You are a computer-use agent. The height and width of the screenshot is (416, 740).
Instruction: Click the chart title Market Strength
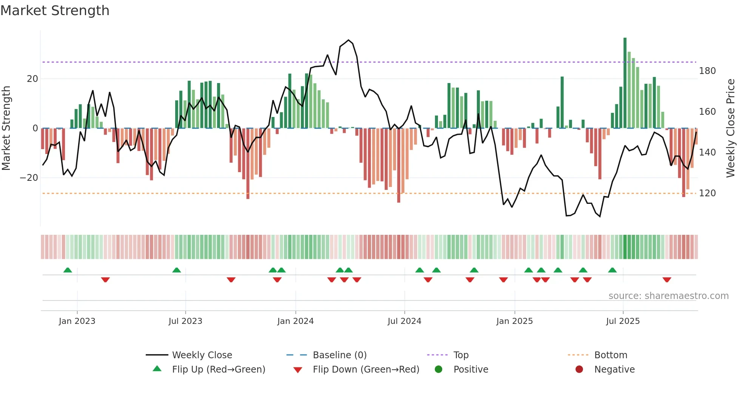55,11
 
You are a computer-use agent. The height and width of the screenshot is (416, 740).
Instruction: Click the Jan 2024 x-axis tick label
295,321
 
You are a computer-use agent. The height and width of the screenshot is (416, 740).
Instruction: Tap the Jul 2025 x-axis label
623,321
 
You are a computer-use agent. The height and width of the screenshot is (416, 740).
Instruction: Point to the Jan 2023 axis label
77,321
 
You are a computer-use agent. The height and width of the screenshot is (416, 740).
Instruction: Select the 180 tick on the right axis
707,71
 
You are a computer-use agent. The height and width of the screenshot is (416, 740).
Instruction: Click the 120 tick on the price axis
707,193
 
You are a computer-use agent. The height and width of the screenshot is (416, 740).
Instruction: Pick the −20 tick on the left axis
29,178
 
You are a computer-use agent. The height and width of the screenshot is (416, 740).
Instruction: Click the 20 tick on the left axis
32,79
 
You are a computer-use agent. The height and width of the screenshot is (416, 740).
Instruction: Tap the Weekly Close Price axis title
731,128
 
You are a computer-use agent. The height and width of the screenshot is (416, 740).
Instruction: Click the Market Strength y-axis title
6,128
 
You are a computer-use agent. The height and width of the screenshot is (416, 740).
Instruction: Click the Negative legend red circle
579,369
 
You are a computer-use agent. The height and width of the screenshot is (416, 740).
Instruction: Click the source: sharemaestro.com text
668,296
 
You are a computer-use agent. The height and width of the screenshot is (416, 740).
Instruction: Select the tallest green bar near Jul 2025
625,83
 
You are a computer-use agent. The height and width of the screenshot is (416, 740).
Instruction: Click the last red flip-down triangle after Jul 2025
667,280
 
